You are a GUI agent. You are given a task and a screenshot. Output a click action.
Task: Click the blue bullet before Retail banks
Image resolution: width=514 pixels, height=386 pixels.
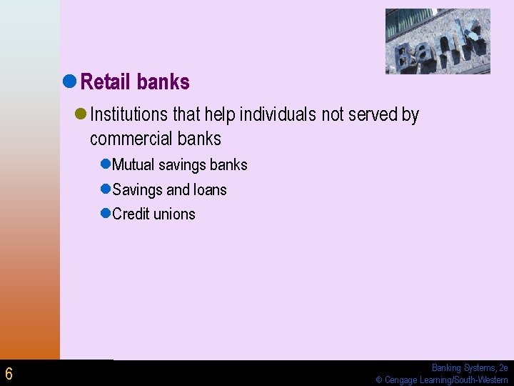[70, 82]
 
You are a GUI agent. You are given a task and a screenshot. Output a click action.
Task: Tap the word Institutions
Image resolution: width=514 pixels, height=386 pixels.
[129, 114]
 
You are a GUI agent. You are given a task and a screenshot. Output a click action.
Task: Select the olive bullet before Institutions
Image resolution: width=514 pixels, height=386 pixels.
[81, 114]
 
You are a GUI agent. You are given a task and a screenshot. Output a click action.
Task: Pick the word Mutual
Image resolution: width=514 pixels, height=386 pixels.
[133, 165]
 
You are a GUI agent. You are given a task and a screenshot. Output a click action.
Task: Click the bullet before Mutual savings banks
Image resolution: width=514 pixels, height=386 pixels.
[105, 164]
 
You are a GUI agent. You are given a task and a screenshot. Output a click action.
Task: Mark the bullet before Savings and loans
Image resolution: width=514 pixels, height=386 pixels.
[105, 189]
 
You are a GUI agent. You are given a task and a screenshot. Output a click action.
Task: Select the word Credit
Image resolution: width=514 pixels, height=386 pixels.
[133, 214]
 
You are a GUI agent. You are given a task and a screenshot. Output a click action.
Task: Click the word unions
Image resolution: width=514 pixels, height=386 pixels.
[176, 214]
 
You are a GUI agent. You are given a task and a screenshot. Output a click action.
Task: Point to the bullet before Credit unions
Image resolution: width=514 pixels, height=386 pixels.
[105, 214]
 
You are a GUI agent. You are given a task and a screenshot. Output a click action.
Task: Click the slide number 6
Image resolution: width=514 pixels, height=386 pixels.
[9, 373]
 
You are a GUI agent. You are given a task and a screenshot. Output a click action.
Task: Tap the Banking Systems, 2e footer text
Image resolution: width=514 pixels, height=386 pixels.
[469, 368]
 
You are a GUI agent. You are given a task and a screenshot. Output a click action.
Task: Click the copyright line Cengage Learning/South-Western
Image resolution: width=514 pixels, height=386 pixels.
[442, 380]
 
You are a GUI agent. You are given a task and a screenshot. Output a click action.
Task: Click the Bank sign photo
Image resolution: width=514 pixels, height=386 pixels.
[438, 41]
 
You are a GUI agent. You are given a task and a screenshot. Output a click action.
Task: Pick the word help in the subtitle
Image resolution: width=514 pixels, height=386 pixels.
[221, 114]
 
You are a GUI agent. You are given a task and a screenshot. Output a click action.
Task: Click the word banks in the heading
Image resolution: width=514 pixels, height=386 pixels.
[163, 82]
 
